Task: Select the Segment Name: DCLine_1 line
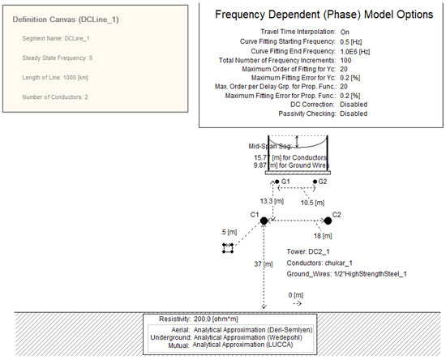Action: [x=59, y=38]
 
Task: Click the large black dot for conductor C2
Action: [x=328, y=221]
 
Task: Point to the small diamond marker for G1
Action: [x=275, y=182]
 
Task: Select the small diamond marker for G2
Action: [x=314, y=182]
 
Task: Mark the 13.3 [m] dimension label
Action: [x=272, y=199]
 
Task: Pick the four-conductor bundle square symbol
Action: [x=229, y=247]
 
